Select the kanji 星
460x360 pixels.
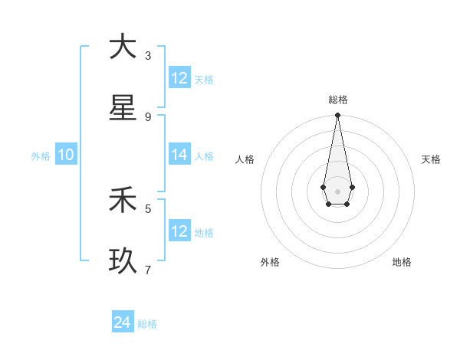tap(123, 107)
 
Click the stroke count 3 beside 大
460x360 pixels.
tap(148, 55)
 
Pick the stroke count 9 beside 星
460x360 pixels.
tap(148, 116)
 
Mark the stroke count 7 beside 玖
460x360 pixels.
tap(148, 270)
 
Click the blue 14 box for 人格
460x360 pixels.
tap(179, 155)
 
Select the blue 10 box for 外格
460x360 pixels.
tap(66, 155)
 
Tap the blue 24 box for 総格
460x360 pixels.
tap(123, 322)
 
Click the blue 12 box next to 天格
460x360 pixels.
tap(179, 77)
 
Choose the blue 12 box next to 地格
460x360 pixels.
tap(179, 231)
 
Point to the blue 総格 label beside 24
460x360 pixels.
tap(148, 324)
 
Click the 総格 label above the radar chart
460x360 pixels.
tap(338, 100)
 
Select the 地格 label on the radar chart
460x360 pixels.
tap(402, 262)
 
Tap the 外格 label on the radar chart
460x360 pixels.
tap(270, 262)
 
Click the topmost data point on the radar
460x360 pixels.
tap(337, 115)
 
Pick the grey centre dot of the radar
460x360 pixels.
tap(337, 190)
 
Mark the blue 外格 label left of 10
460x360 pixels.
tap(41, 155)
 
